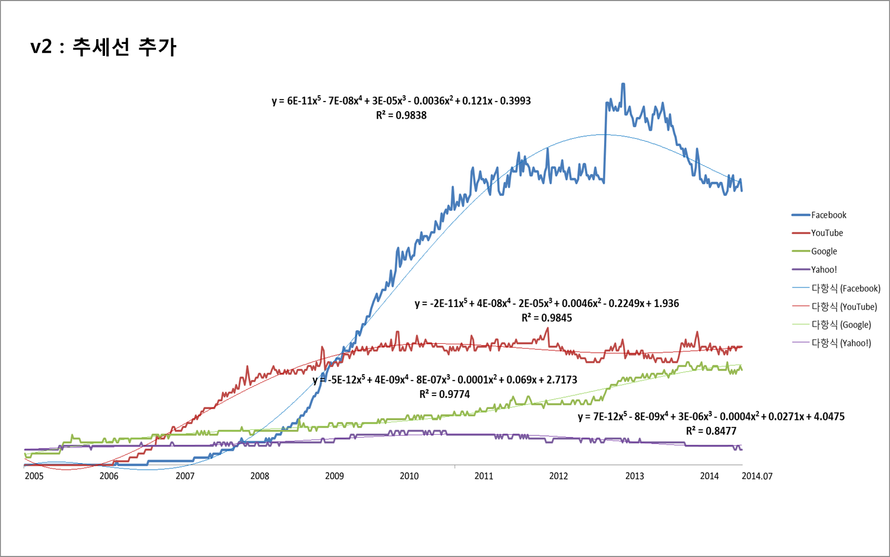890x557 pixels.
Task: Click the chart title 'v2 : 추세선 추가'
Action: (x=103, y=47)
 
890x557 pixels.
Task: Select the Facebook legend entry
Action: (x=828, y=215)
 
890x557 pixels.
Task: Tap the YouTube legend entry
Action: (x=827, y=233)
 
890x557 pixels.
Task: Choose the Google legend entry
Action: (x=824, y=251)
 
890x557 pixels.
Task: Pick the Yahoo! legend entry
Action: (x=824, y=270)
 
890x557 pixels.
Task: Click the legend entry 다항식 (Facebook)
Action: (x=846, y=289)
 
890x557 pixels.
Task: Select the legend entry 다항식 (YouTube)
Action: (x=844, y=306)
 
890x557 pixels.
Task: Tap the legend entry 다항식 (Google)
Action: (x=841, y=325)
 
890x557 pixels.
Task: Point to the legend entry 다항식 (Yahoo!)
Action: (x=841, y=343)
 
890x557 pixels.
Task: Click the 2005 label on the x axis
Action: (x=34, y=476)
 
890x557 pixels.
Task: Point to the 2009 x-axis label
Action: (x=335, y=476)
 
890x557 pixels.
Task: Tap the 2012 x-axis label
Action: (x=558, y=476)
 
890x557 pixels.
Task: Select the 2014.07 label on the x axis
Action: (x=757, y=476)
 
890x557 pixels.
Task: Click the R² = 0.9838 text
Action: (x=401, y=115)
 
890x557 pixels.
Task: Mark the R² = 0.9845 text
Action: (x=546, y=318)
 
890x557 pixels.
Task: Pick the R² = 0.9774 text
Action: (x=444, y=394)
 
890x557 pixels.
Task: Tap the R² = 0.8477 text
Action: (x=711, y=431)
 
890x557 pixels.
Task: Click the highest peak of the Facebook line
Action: (x=623, y=84)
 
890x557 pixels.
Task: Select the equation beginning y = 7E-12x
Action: (x=711, y=416)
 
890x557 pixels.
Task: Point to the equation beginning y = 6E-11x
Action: (x=401, y=101)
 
